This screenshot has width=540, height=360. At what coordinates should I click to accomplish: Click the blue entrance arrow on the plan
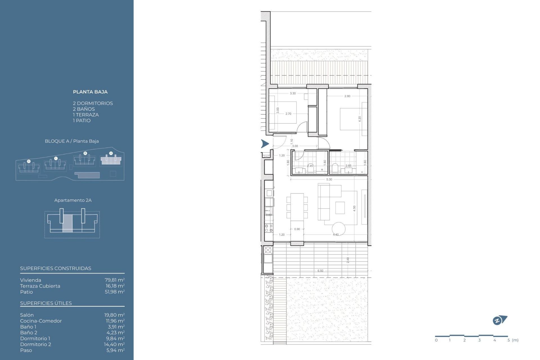265,144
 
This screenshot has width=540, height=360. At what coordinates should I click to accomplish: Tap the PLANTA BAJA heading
90,92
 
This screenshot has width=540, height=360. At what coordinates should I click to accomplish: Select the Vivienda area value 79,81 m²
114,280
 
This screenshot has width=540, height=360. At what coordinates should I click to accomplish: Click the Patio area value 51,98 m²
114,292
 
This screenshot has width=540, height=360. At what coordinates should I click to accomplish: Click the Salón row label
27,315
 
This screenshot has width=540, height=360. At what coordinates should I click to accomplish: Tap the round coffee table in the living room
338,229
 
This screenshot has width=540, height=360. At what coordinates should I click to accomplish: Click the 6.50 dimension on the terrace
320,271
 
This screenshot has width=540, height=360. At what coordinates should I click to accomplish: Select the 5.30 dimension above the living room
329,179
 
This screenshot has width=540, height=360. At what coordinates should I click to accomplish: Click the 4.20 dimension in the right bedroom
360,119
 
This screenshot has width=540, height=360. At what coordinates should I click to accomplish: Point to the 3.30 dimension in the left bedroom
293,93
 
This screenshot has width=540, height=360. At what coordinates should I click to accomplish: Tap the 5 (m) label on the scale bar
513,340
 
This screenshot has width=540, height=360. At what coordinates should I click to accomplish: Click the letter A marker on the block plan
111,153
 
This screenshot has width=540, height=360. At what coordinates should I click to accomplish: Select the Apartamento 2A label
73,200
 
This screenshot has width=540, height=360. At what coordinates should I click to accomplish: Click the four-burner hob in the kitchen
269,228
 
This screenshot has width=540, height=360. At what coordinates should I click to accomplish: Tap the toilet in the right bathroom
335,168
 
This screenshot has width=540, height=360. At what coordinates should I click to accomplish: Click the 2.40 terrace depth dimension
348,260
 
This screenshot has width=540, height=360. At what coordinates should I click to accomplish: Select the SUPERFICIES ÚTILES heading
46,303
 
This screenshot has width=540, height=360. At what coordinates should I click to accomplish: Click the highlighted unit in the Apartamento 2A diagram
67,223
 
